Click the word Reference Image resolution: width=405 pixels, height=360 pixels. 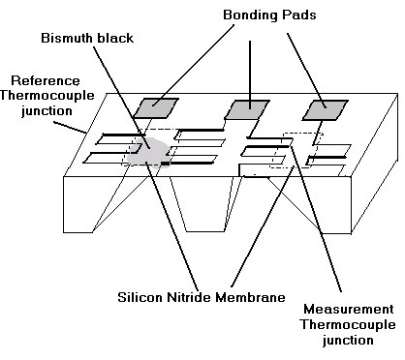pyautogui.click(x=46, y=80)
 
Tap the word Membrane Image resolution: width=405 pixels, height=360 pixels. pyautogui.click(x=251, y=297)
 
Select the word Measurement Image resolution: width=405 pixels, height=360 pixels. pyautogui.click(x=349, y=310)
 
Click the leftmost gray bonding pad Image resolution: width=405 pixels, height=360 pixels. pyautogui.click(x=156, y=108)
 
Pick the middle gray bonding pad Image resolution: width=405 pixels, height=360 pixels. pyautogui.click(x=247, y=109)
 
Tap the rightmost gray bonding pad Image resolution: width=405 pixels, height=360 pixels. pyautogui.click(x=325, y=110)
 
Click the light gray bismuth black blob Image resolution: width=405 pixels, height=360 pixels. pyautogui.click(x=148, y=153)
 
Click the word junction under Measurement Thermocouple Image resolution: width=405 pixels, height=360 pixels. pyautogui.click(x=348, y=340)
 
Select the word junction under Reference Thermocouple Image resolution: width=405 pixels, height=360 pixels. pyautogui.click(x=47, y=110)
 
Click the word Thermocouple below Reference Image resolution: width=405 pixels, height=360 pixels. pyautogui.click(x=47, y=96)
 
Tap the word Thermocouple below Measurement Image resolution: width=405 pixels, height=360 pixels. pyautogui.click(x=348, y=324)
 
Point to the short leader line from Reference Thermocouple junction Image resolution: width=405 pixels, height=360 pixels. pyautogui.click(x=70, y=128)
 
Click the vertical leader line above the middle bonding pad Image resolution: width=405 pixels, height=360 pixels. pyautogui.click(x=250, y=75)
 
